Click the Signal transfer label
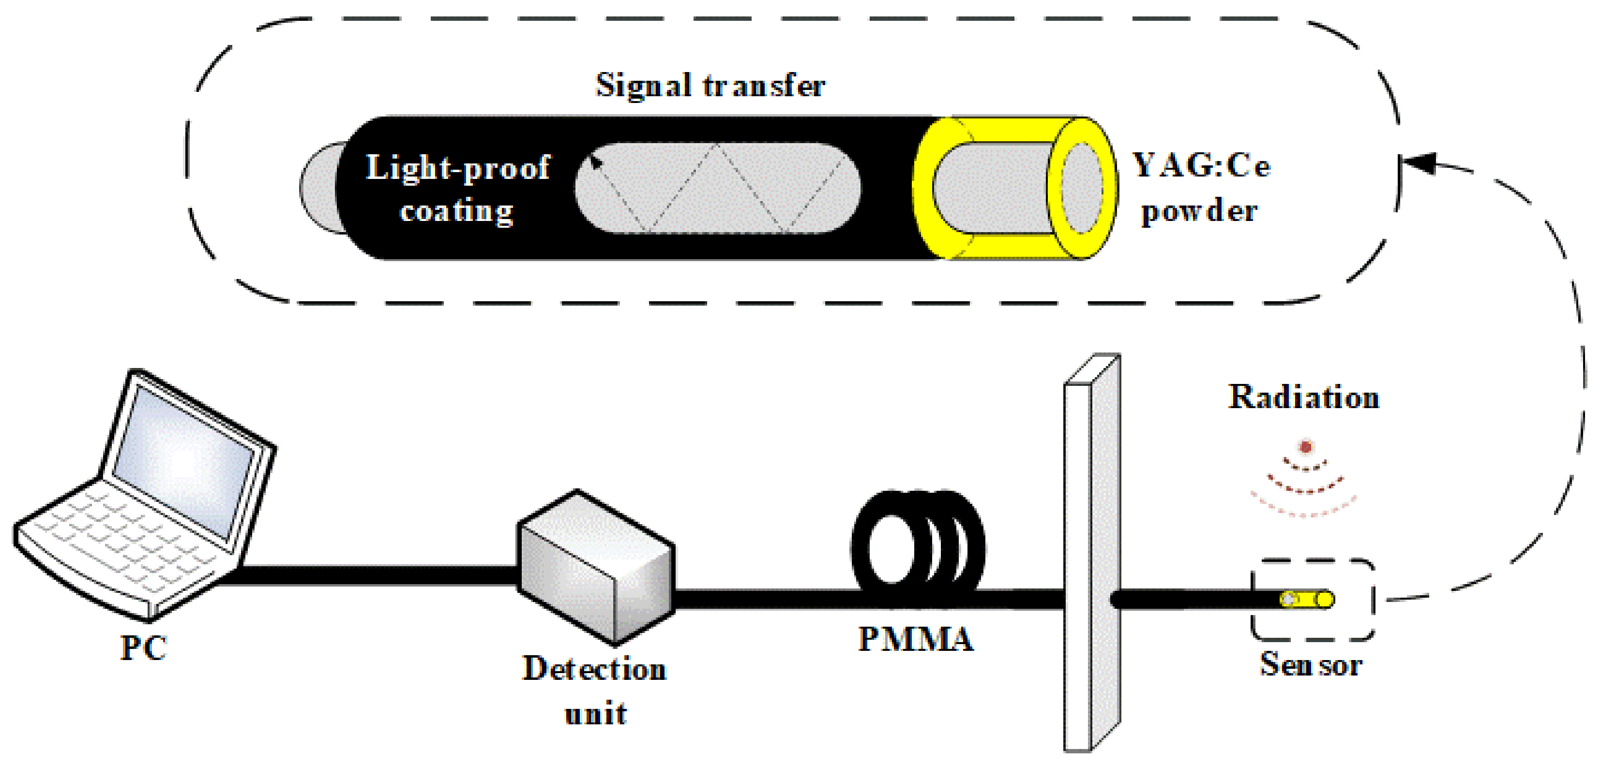[710, 85]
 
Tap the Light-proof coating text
[457, 188]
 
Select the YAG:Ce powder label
[1201, 188]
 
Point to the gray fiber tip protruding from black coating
[319, 188]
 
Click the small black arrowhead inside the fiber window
[595, 163]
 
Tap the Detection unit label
[595, 690]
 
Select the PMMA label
[916, 639]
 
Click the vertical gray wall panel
[1091, 553]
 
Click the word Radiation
[1303, 397]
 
